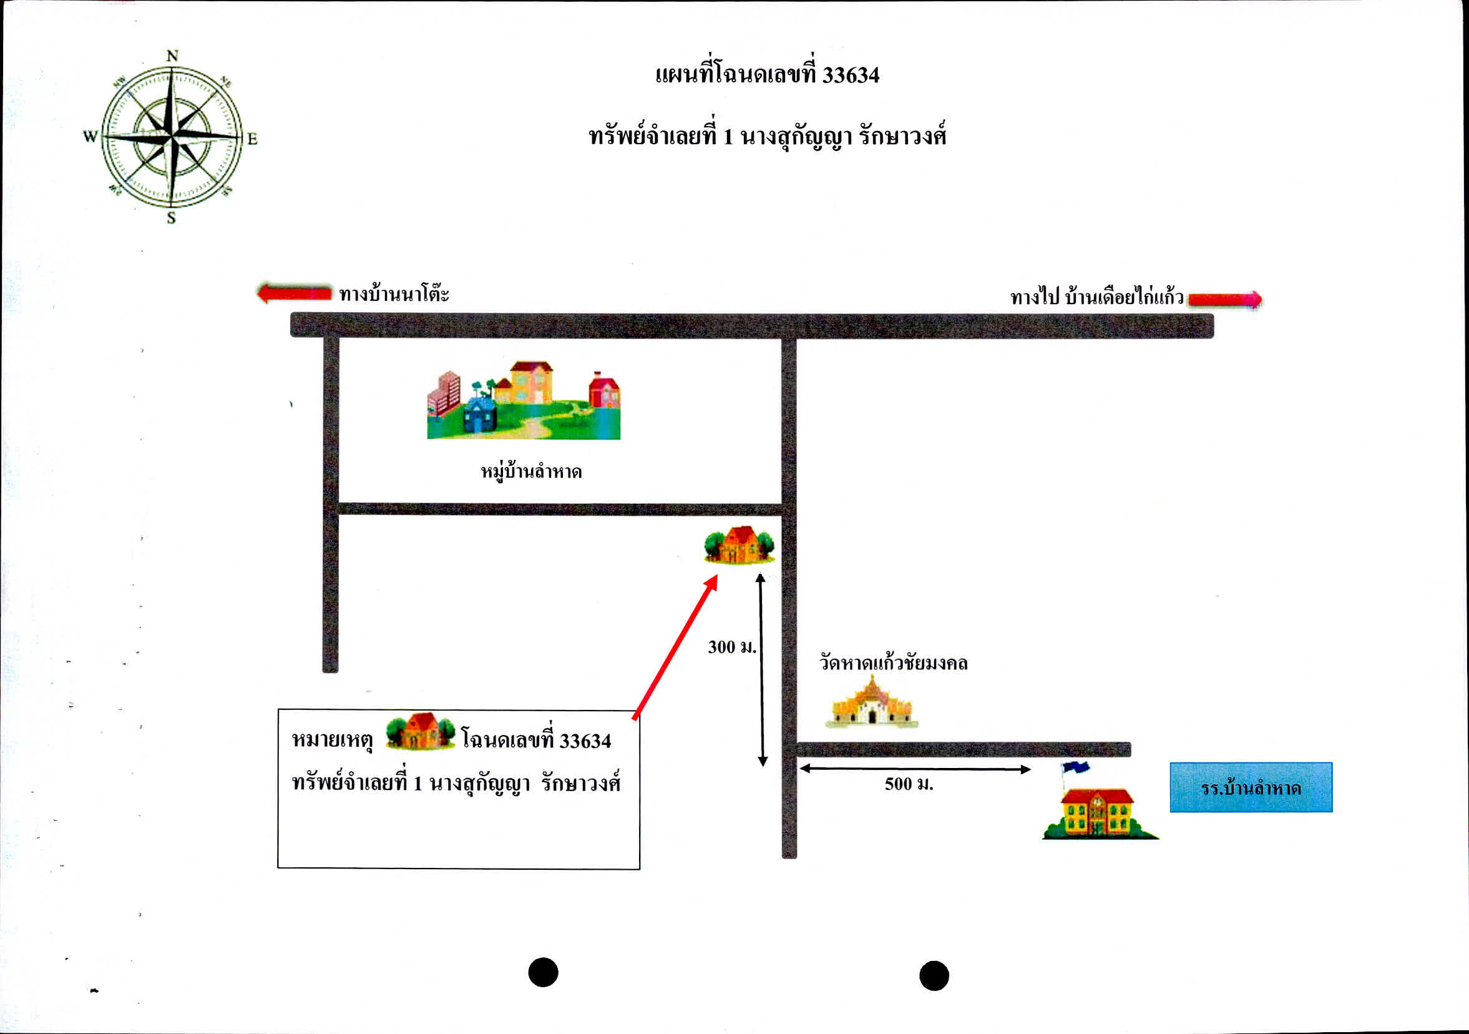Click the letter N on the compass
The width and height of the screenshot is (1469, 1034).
point(172,56)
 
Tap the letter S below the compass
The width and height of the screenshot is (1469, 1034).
point(172,219)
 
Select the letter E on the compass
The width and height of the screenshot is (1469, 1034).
point(252,139)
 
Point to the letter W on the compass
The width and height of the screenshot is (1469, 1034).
point(91,136)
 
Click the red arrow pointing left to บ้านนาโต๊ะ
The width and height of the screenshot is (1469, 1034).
point(295,293)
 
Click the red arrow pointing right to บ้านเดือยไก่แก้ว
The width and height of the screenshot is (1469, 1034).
point(1225,300)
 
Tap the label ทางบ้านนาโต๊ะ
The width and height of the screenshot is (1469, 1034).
point(394,295)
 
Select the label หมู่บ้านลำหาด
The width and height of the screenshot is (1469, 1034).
point(531,472)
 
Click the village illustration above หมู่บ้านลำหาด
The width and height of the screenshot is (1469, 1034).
point(524,400)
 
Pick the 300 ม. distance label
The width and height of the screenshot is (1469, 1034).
point(732,647)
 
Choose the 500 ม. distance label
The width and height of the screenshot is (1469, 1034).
point(909,784)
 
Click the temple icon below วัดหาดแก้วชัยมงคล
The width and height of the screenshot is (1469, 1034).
point(872,703)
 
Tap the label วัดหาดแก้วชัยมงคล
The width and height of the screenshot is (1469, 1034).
point(894,662)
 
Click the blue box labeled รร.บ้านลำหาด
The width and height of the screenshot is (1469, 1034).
point(1251,787)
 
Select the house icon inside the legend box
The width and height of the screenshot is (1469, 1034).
point(421,731)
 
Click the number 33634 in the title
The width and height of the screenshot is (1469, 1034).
point(851,76)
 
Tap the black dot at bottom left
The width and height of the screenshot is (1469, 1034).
point(543,973)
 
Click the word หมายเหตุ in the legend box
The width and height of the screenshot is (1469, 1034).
point(333,741)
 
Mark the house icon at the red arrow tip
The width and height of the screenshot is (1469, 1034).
point(739,545)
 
